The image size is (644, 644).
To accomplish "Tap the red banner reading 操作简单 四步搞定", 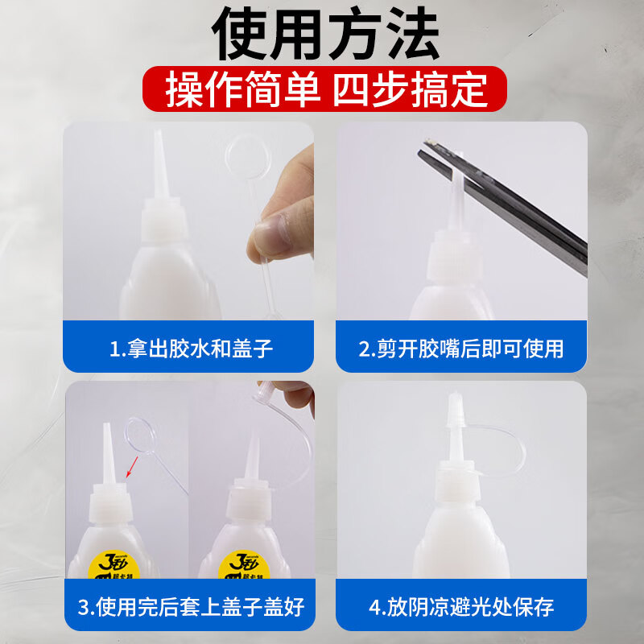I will [326, 89].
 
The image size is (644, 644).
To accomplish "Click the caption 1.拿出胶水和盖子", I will [191, 349].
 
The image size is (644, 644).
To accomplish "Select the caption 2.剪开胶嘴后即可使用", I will [460, 349].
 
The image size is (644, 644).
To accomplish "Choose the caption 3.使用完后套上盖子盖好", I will [191, 606].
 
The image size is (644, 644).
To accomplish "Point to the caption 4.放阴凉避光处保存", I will [460, 606].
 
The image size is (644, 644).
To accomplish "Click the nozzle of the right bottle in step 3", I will [252, 459].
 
